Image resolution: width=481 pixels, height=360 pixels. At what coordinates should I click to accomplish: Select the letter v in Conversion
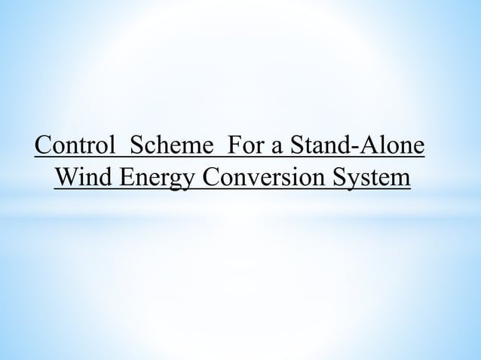(x=254, y=182)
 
